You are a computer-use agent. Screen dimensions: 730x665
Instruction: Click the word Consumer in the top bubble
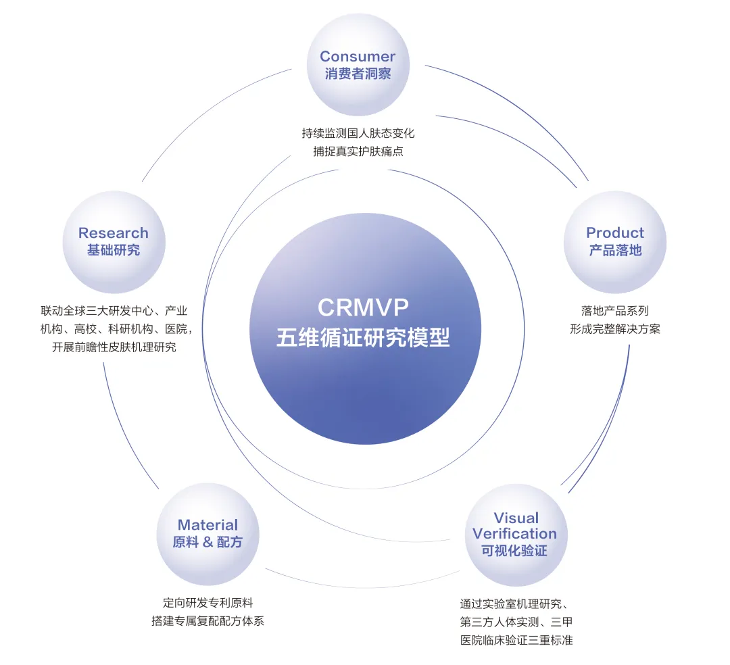358,56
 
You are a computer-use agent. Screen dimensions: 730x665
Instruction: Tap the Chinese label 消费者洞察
358,74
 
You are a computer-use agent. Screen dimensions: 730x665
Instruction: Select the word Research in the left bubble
114,232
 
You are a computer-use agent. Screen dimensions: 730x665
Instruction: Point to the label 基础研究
114,250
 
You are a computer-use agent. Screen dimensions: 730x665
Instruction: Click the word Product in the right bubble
615,232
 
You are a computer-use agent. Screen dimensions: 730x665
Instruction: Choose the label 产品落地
615,250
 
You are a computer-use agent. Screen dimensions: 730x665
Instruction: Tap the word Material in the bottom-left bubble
208,525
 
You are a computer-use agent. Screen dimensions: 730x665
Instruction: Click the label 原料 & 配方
208,542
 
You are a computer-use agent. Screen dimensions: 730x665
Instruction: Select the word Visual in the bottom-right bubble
516,518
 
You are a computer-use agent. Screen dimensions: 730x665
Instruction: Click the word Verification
514,534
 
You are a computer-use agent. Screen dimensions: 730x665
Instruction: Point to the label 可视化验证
514,551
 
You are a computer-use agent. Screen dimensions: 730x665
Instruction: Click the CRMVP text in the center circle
363,307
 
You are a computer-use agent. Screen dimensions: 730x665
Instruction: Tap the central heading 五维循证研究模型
363,337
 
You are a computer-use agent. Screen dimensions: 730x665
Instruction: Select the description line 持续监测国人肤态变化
358,134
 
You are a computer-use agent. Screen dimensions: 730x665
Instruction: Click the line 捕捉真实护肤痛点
358,151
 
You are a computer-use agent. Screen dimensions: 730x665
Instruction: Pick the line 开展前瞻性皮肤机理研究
114,347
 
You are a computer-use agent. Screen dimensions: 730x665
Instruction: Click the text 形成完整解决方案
615,329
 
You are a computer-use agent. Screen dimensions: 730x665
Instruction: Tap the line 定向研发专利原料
208,603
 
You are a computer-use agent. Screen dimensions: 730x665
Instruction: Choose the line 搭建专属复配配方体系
208,621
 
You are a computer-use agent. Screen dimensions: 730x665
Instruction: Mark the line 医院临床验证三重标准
516,641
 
